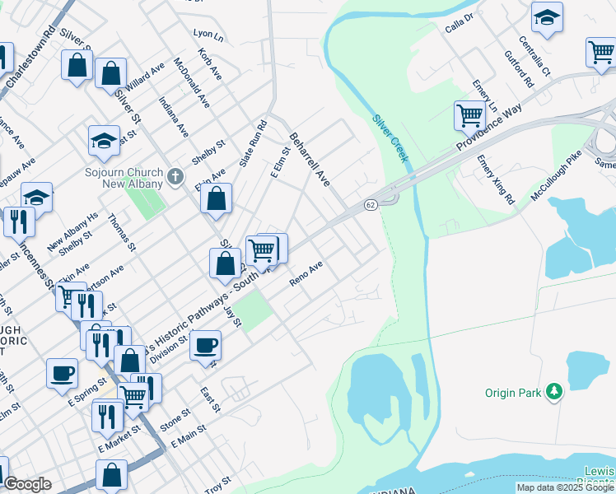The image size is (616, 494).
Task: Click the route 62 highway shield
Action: pyautogui.click(x=371, y=204)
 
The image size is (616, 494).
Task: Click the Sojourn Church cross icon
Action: pyautogui.click(x=174, y=175)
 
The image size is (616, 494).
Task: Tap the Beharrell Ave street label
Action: pyautogui.click(x=309, y=158)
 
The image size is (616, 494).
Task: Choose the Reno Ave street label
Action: pyautogui.click(x=306, y=275)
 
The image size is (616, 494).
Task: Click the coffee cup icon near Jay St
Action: pyautogui.click(x=205, y=344)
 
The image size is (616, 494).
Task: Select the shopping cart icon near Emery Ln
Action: pyautogui.click(x=469, y=115)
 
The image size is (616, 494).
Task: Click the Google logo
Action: pyautogui.click(x=26, y=484)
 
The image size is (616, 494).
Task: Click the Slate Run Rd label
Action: pyautogui.click(x=253, y=144)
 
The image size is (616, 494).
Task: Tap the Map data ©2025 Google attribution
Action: pyautogui.click(x=566, y=487)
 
